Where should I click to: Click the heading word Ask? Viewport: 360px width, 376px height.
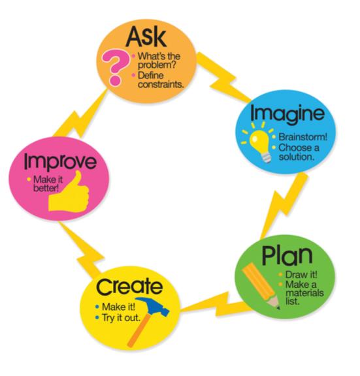point(146,37)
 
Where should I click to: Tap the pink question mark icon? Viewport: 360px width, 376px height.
point(115,67)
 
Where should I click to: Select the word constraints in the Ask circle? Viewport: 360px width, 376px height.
point(161,84)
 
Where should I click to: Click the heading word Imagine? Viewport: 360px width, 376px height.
point(287,114)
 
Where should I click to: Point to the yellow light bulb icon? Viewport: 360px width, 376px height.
point(259,142)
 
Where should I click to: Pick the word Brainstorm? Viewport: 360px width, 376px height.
point(303,137)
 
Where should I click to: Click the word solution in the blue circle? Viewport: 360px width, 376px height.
point(297,157)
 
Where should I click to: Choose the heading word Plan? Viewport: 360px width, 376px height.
point(287,256)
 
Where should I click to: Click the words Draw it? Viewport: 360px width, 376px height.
point(301,275)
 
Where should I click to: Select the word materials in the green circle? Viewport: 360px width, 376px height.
point(304,293)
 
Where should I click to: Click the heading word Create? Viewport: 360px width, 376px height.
point(129,287)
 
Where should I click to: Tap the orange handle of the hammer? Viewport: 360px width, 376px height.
point(140,330)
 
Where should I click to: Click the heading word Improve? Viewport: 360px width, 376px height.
point(61,162)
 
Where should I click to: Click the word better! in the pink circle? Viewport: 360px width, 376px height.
point(46,188)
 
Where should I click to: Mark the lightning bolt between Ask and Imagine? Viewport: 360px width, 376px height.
point(223,77)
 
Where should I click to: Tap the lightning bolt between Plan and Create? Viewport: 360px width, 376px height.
point(217,305)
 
